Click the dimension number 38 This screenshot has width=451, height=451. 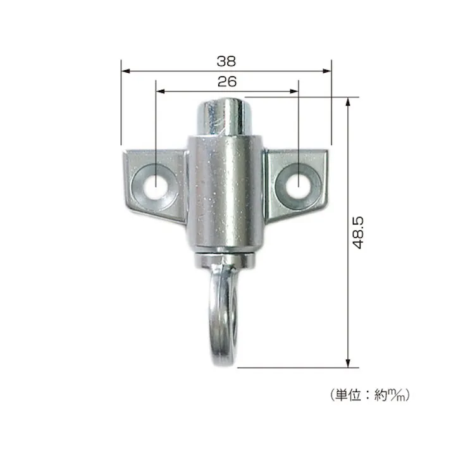click(226, 61)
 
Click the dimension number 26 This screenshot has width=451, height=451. click(226, 82)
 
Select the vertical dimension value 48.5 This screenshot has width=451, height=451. click(359, 233)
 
